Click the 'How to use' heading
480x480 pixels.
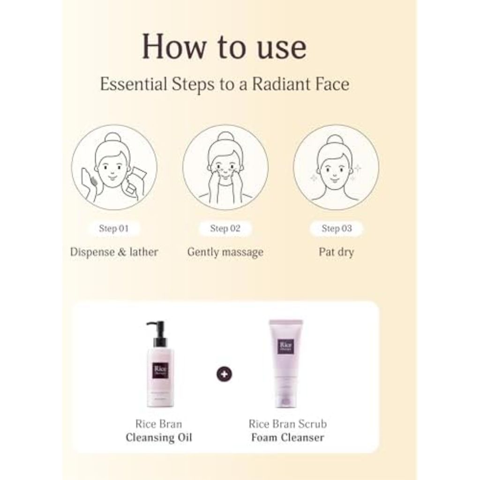click(x=225, y=47)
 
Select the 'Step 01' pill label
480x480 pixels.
click(x=113, y=229)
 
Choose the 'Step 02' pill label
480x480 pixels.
click(x=225, y=229)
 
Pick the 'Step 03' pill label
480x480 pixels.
click(x=336, y=229)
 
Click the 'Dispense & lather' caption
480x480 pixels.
click(x=114, y=252)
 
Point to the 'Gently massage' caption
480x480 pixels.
click(x=225, y=252)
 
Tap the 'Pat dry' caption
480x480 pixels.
click(x=336, y=252)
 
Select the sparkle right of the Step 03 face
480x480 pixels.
click(x=359, y=167)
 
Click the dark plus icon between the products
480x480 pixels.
click(x=225, y=375)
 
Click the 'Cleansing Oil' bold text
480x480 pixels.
click(x=159, y=438)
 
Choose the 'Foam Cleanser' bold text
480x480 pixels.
click(x=287, y=438)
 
